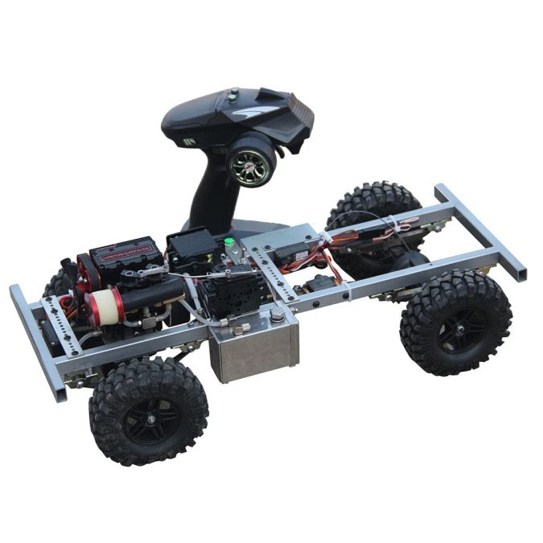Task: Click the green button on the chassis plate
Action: (x=229, y=241)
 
